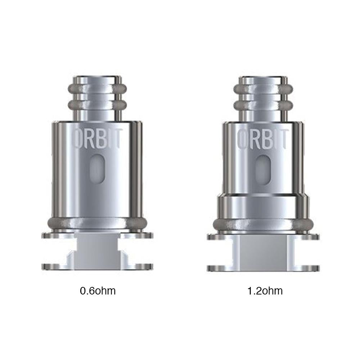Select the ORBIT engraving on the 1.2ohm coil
click(263, 139)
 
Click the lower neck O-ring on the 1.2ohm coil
click(263, 105)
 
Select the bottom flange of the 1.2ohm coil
click(263, 268)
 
